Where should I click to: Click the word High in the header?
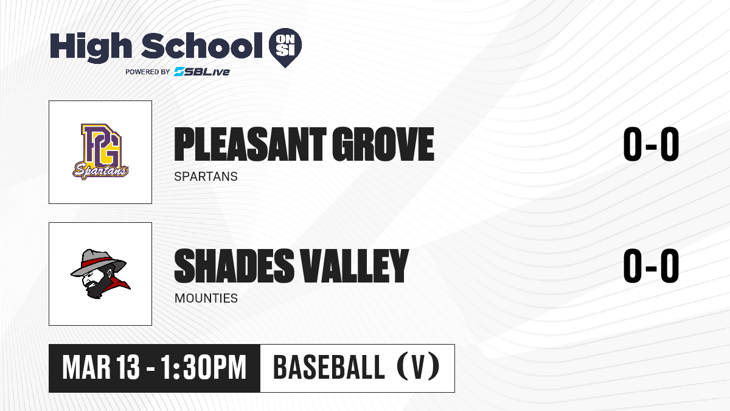pos(91,47)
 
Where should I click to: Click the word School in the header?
pos(202,46)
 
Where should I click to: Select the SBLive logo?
pos(202,72)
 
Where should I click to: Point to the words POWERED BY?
pos(148,72)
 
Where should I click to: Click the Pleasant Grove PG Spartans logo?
pos(100,152)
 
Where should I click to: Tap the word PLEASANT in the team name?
pos(250,144)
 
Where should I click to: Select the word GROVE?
pos(383,144)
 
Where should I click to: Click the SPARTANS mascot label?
pos(206,177)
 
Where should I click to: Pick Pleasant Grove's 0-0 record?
pos(651,144)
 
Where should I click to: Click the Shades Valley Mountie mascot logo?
pos(100,273)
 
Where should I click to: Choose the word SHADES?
pos(234,265)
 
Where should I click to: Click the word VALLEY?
pos(354,265)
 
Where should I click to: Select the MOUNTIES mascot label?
pos(206,298)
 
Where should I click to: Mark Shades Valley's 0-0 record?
pos(651,265)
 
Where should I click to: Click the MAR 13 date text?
pos(101,367)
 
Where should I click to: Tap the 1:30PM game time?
pos(203,367)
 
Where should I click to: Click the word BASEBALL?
pos(329,367)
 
